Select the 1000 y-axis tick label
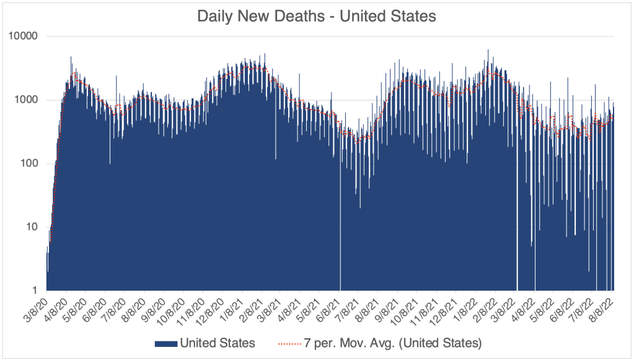pyautogui.click(x=27, y=100)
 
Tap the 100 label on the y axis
pyautogui.click(x=30, y=164)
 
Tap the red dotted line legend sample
pyautogui.click(x=284, y=342)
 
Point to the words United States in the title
pyautogui.click(x=392, y=17)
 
